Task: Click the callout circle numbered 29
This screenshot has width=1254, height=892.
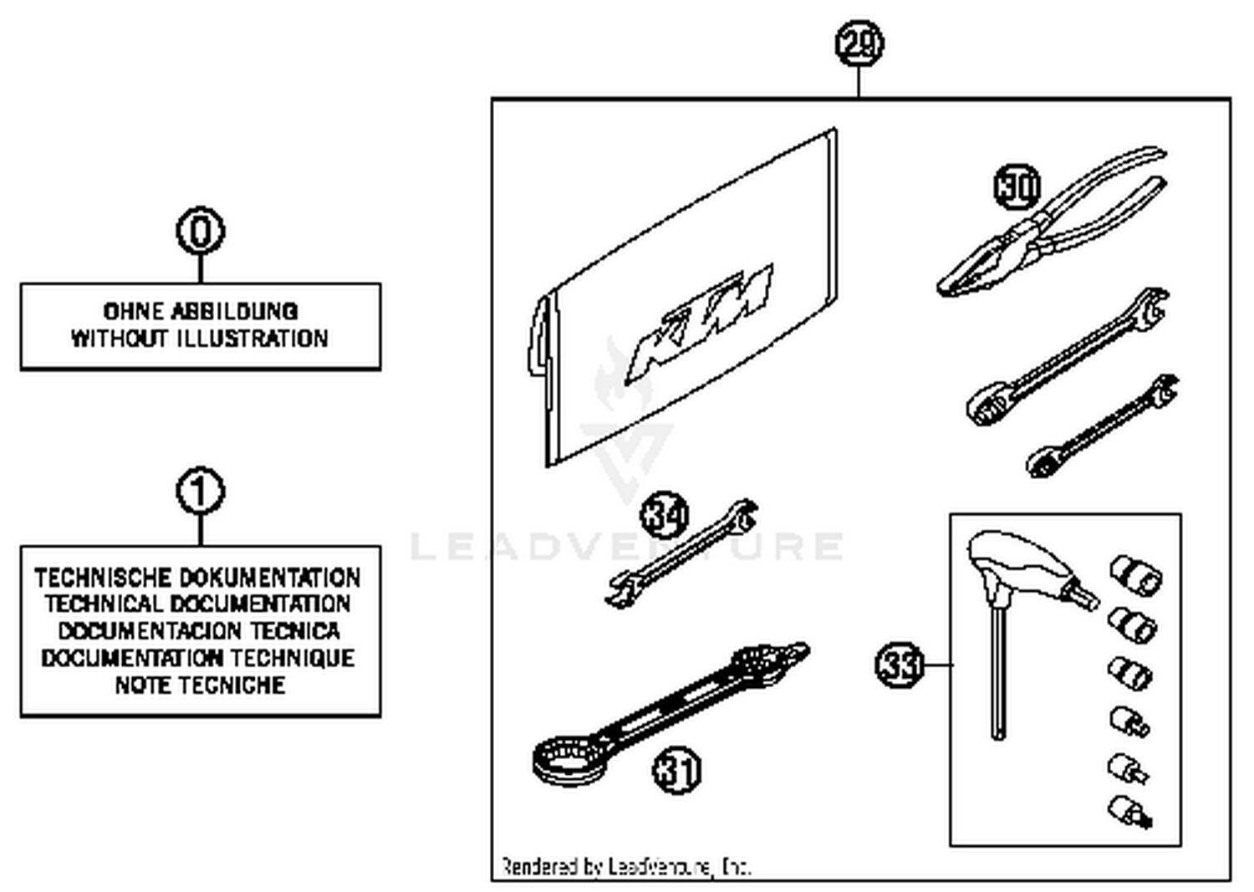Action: pyautogui.click(x=859, y=43)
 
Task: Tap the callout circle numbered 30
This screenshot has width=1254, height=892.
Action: pyautogui.click(x=1017, y=186)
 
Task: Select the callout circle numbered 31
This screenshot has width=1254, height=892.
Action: pyautogui.click(x=676, y=770)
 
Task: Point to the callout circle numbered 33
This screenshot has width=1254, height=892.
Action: pyautogui.click(x=900, y=665)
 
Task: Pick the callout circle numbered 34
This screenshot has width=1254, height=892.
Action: pyautogui.click(x=665, y=515)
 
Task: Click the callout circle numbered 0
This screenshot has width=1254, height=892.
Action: pyautogui.click(x=201, y=232)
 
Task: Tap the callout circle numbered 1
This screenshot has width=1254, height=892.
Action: pyautogui.click(x=201, y=492)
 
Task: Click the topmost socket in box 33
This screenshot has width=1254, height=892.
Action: pyautogui.click(x=1136, y=575)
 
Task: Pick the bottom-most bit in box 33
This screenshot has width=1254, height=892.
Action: pyautogui.click(x=1130, y=811)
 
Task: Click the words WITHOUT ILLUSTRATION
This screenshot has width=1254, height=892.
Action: pyautogui.click(x=199, y=339)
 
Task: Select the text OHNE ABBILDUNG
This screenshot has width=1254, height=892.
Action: pyautogui.click(x=201, y=311)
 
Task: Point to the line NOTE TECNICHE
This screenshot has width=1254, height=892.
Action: pyautogui.click(x=201, y=686)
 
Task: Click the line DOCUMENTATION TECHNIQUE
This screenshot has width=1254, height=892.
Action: pyautogui.click(x=199, y=659)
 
